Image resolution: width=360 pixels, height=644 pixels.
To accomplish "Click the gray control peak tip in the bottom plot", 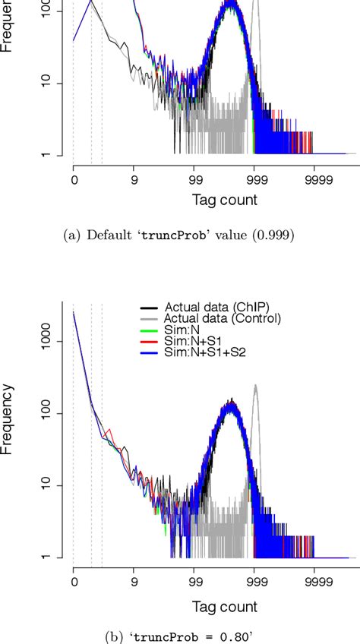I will click(x=255, y=385).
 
